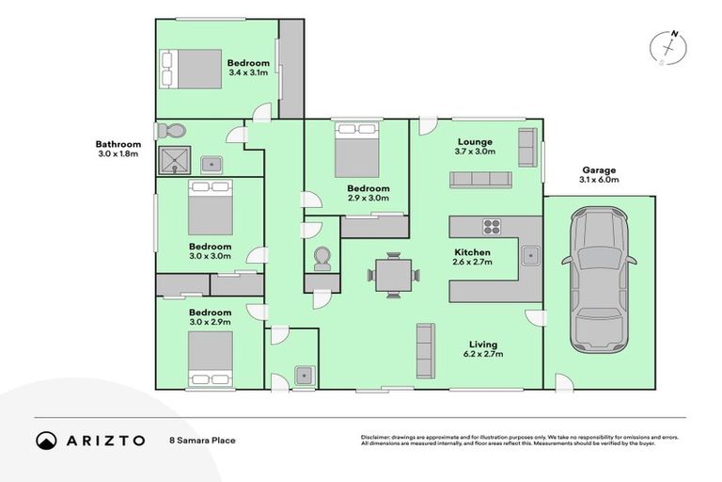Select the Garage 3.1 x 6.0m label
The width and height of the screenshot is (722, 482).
(599, 175)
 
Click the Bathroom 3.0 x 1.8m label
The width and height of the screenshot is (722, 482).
(118, 149)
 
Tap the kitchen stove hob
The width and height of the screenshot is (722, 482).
(493, 226)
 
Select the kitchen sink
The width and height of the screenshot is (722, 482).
(531, 253)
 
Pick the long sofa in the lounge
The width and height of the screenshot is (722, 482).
(479, 180)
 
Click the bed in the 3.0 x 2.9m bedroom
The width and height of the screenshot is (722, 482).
(209, 360)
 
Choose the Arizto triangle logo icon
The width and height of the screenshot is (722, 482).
(46, 440)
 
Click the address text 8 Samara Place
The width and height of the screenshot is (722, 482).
(203, 440)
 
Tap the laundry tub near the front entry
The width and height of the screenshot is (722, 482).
(303, 375)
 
